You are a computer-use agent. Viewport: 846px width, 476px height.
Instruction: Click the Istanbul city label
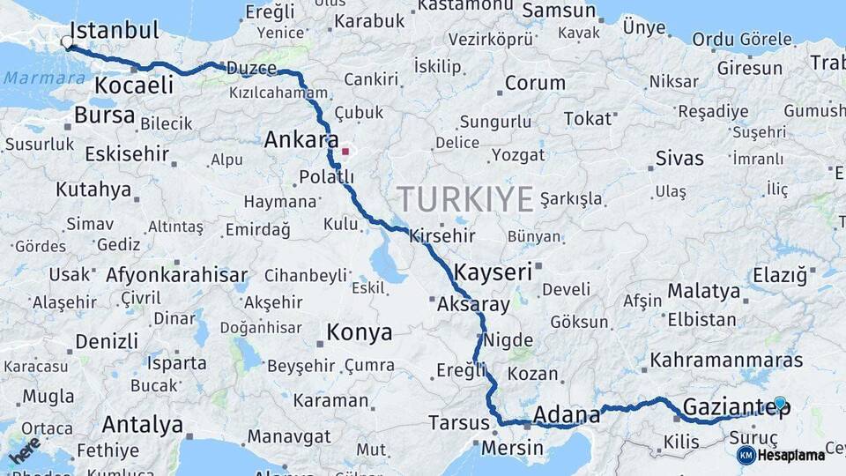click(114, 31)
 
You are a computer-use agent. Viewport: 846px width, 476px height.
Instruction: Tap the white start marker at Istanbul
click(67, 41)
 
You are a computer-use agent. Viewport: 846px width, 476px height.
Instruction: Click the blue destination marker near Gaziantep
click(779, 403)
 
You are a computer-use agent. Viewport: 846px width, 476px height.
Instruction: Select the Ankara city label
click(301, 140)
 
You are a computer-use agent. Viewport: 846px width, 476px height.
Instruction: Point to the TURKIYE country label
click(464, 198)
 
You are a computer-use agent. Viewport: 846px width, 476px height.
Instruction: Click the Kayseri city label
click(493, 271)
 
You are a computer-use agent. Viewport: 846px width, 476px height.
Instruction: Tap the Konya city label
click(359, 332)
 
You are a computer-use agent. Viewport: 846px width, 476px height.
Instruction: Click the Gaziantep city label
click(736, 407)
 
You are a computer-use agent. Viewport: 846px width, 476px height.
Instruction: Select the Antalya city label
click(142, 426)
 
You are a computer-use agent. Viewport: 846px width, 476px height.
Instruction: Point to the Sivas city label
click(679, 159)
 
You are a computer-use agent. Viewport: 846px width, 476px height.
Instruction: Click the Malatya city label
click(703, 291)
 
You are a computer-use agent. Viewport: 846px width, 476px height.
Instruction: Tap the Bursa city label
click(104, 115)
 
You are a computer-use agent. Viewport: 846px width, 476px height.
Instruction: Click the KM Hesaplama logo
click(781, 455)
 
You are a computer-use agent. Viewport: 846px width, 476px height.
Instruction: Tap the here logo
click(25, 450)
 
